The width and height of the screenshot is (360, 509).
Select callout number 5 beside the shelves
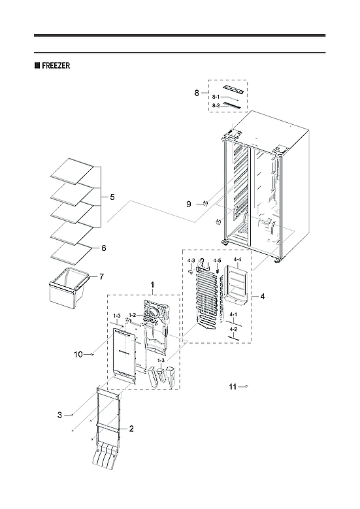tap(112, 197)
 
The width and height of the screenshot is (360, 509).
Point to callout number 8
tap(197, 93)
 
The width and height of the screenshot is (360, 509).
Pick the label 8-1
tap(215, 97)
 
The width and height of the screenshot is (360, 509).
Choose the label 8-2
tap(215, 105)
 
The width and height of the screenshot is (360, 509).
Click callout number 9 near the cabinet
tap(188, 205)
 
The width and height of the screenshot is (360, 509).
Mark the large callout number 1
tap(152, 285)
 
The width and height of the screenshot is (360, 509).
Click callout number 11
tap(233, 387)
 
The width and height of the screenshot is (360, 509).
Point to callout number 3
tap(59, 415)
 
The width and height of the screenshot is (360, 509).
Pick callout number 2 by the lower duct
tap(131, 429)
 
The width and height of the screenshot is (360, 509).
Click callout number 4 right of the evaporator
tap(262, 296)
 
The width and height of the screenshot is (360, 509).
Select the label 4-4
tap(237, 259)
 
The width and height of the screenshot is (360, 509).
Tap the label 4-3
tap(191, 261)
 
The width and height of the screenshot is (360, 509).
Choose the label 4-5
tap(216, 261)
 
